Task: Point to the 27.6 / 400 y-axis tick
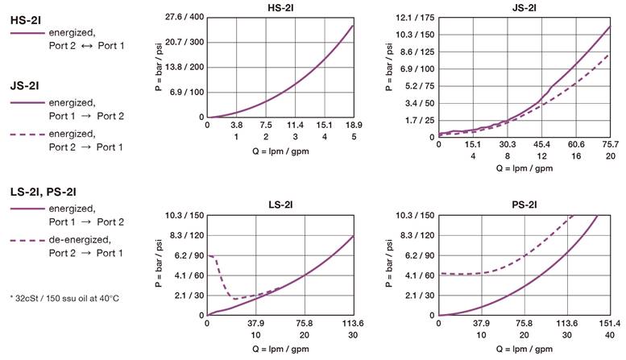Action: click(185, 17)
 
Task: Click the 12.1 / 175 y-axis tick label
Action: click(415, 17)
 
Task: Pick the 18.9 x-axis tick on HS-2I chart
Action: click(354, 126)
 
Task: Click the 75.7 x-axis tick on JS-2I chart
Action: click(611, 144)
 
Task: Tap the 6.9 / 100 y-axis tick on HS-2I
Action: click(185, 93)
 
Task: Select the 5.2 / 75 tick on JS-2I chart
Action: click(417, 86)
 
